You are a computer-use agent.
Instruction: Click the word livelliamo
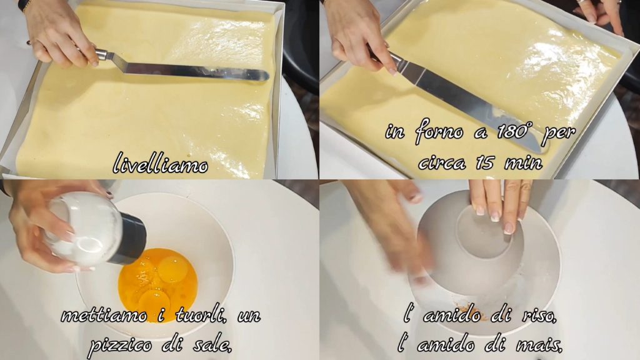pos(160,163)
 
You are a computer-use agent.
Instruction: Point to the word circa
pos(442,163)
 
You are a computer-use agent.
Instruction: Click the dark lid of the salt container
pos(129,239)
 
